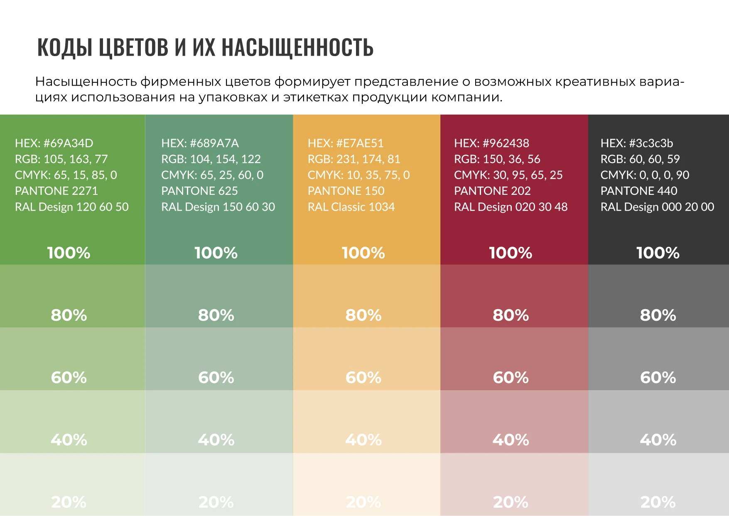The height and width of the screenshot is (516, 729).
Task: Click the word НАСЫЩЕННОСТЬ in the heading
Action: point(297,47)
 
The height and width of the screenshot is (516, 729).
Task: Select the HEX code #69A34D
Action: point(69,143)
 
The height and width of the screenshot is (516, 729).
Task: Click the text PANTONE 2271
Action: point(56,191)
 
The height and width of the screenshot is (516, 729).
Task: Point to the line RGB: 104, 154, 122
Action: point(211,159)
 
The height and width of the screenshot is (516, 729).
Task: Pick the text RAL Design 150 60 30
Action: point(218,207)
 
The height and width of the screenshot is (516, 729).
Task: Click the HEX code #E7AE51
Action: point(360,143)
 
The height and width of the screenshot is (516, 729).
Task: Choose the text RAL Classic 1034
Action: point(351,207)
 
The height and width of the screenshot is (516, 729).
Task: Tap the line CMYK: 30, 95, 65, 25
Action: point(508,175)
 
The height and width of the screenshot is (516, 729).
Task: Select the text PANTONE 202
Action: point(492,191)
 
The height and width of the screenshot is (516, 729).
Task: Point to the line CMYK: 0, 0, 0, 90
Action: point(645,175)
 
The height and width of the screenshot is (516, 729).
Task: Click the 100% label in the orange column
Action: point(363,253)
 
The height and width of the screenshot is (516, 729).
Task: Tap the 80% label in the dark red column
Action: point(511,315)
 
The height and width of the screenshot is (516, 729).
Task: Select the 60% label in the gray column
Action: point(658,377)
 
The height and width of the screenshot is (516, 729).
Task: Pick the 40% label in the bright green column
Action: point(69,440)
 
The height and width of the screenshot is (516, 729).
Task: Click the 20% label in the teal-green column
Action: point(216,502)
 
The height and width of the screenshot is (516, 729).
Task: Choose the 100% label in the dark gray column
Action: point(658,253)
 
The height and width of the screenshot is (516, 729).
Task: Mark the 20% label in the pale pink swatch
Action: point(511,502)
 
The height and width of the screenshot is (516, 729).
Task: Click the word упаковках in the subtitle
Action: point(233,97)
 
